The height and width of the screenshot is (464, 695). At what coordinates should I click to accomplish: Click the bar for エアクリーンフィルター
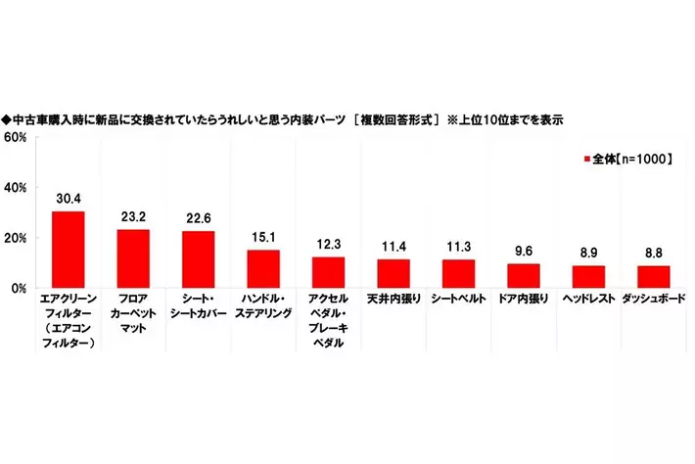pyautogui.click(x=68, y=250)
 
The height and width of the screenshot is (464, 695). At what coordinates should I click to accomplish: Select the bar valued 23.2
pyautogui.click(x=133, y=258)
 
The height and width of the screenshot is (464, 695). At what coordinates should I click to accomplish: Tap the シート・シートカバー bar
pyautogui.click(x=198, y=259)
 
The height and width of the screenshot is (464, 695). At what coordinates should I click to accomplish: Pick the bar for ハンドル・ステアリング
pyautogui.click(x=263, y=269)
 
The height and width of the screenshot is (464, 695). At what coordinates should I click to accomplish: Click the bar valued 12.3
pyautogui.click(x=328, y=272)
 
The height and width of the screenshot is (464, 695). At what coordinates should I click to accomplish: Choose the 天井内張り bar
pyautogui.click(x=394, y=273)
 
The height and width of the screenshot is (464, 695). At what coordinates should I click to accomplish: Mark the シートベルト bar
pyautogui.click(x=458, y=273)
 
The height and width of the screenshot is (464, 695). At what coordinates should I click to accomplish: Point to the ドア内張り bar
pyautogui.click(x=524, y=276)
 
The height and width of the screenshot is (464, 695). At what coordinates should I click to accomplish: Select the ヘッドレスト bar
pyautogui.click(x=588, y=277)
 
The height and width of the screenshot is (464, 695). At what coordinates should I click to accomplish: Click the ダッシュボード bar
pyautogui.click(x=654, y=277)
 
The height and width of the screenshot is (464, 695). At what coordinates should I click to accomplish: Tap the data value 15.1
pyautogui.click(x=263, y=236)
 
